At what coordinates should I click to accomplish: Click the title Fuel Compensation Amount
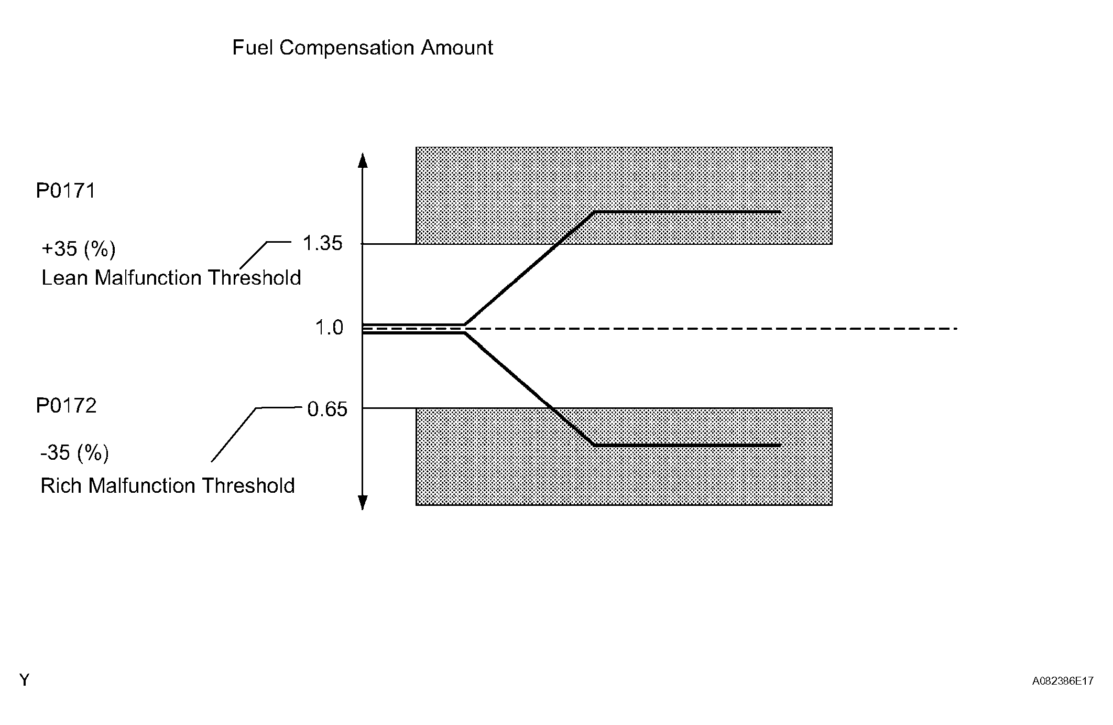(x=362, y=48)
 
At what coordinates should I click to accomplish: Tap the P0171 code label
(x=66, y=191)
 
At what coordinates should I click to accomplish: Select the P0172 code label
(x=66, y=406)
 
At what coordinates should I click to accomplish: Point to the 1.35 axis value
(x=322, y=243)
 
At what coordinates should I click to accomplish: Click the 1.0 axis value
(x=329, y=328)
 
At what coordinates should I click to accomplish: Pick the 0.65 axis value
(x=327, y=409)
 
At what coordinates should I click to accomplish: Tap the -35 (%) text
(x=74, y=452)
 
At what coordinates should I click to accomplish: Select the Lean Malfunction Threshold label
(x=171, y=278)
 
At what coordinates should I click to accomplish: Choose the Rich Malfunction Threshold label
(x=167, y=486)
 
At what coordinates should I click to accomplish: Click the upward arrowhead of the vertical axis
(x=362, y=159)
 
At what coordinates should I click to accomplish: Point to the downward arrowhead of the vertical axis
(x=362, y=502)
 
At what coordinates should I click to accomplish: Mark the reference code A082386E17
(x=1062, y=681)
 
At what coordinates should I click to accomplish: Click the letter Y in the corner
(x=24, y=680)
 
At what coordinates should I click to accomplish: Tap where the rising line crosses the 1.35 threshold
(x=555, y=244)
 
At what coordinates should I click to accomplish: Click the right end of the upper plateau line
(x=780, y=212)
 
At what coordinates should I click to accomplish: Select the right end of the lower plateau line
(x=780, y=445)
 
